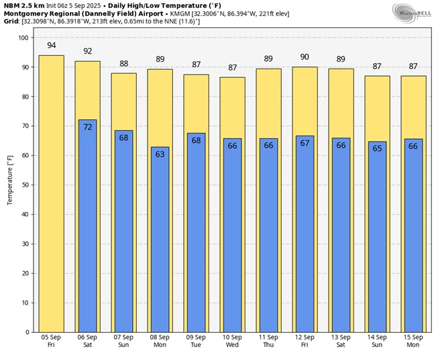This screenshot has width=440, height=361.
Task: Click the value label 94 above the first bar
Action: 51,46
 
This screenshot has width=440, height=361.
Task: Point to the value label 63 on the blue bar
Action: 160,154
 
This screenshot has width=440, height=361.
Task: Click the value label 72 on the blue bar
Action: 87,127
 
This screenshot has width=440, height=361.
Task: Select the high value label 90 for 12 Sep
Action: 305,57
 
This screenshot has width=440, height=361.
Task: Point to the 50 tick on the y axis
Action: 25,185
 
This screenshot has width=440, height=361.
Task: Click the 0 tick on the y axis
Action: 27,332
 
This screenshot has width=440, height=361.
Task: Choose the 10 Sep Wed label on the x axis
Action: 232,341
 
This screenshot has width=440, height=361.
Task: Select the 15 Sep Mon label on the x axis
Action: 413,341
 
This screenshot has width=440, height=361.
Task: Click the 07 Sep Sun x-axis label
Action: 123,341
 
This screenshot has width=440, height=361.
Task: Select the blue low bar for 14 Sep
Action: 377,242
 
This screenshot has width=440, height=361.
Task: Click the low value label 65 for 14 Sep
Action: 377,148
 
